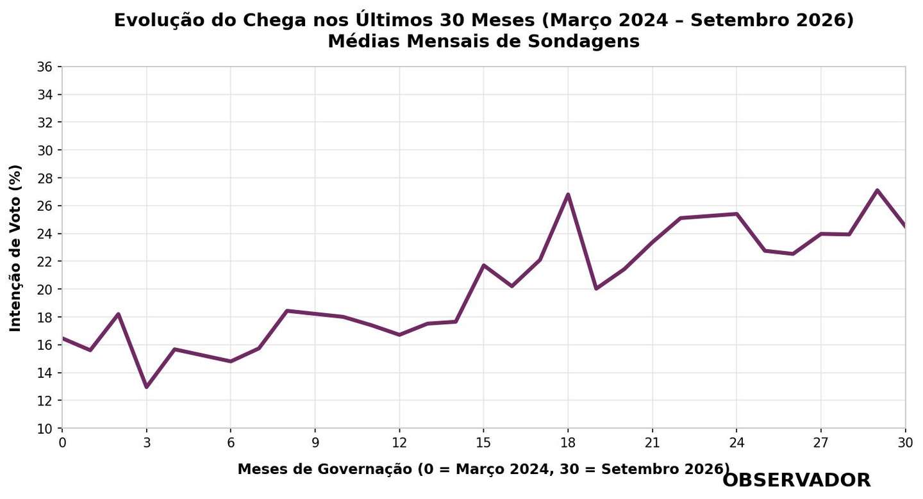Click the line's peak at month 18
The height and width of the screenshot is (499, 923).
click(568, 194)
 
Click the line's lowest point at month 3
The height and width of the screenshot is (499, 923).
click(147, 387)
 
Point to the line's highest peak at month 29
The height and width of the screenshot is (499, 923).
click(877, 190)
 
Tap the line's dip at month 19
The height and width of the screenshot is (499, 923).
click(596, 289)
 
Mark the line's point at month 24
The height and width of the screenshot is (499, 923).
click(736, 214)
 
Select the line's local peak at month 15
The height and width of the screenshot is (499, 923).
click(484, 265)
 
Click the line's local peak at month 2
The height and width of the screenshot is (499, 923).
click(118, 314)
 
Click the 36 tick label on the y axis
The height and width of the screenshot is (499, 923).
click(45, 67)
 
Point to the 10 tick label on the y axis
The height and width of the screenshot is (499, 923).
click(45, 429)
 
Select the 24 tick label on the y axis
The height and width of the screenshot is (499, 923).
click(45, 234)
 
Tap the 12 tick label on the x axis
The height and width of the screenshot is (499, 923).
click(399, 443)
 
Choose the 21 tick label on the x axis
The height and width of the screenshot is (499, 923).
click(652, 443)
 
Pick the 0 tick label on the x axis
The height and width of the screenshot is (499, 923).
click(62, 443)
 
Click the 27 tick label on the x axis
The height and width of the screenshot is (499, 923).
click(821, 443)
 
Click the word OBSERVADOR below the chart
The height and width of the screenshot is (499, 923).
click(797, 480)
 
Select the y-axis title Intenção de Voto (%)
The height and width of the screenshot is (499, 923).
click(15, 248)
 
